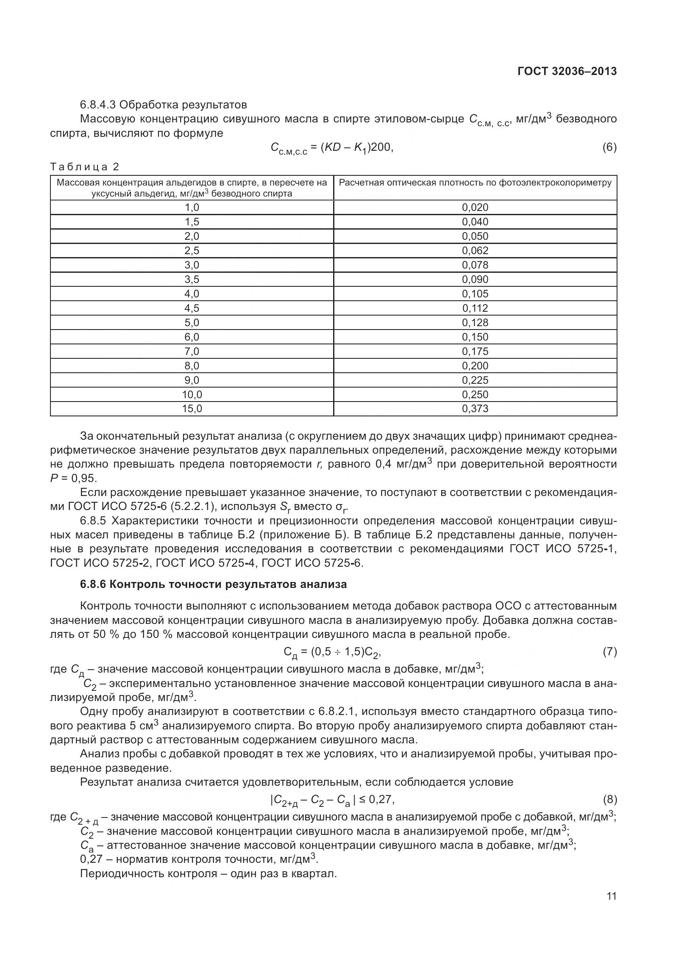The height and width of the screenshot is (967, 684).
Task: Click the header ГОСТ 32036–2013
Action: point(567,71)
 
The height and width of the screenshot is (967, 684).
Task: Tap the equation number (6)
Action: point(609,147)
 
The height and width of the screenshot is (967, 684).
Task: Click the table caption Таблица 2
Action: point(85,167)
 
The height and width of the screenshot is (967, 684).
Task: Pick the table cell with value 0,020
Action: point(475,207)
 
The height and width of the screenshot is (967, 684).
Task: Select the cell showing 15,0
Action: point(192,409)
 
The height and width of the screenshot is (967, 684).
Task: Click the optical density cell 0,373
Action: point(475,409)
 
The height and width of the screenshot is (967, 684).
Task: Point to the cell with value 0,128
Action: point(475,322)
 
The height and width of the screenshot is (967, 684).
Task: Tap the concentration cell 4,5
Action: point(192,308)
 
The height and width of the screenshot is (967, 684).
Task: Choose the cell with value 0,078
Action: point(475,265)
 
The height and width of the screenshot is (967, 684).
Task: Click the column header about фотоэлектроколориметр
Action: point(475,183)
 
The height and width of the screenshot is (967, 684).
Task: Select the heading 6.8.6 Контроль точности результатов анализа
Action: point(213,585)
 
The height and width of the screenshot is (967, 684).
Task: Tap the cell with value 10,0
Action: point(192,394)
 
